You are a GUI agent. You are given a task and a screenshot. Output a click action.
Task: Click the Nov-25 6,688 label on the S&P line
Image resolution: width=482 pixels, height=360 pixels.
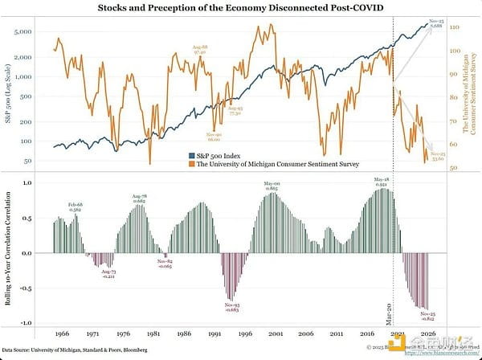[x=436, y=25]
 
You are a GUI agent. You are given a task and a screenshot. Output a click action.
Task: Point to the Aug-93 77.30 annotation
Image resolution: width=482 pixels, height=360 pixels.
[x=235, y=111]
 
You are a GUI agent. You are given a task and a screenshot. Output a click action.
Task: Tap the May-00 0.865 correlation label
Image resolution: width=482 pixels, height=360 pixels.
[x=271, y=186]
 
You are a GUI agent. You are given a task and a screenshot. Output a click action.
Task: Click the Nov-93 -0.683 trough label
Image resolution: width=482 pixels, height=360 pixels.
[x=232, y=307]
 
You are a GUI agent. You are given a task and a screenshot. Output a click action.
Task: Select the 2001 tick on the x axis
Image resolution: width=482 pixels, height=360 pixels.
[x=276, y=331]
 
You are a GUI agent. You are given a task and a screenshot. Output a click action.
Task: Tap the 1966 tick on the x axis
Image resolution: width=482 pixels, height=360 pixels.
[x=61, y=331]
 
